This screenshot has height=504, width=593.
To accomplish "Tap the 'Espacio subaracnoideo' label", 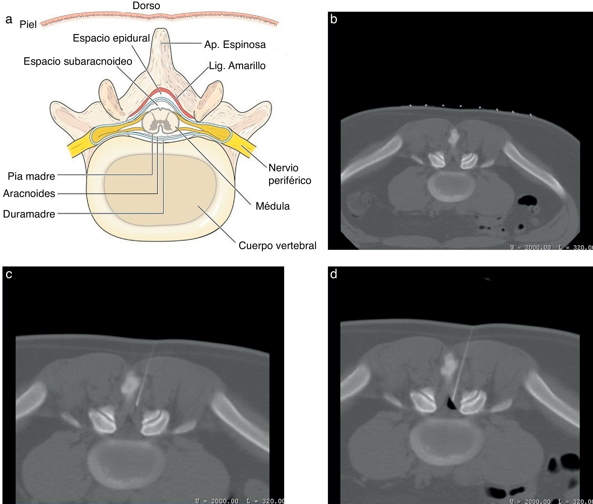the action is pos(78,61).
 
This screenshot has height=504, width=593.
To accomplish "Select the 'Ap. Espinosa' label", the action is pos(235,45).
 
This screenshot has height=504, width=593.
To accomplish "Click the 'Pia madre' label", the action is pos(31,176).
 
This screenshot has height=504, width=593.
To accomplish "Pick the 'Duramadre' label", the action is pos(29,214).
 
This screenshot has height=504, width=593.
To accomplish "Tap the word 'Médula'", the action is pos(272,206).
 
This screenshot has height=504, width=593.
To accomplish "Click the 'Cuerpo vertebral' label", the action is pos(277,245).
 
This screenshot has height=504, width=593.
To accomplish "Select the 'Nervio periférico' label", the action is pos(289,174).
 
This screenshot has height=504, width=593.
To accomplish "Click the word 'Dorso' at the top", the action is pos(146,6).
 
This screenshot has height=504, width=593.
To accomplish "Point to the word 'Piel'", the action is pos(28,25).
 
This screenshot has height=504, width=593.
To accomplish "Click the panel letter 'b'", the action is pos(333,19).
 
